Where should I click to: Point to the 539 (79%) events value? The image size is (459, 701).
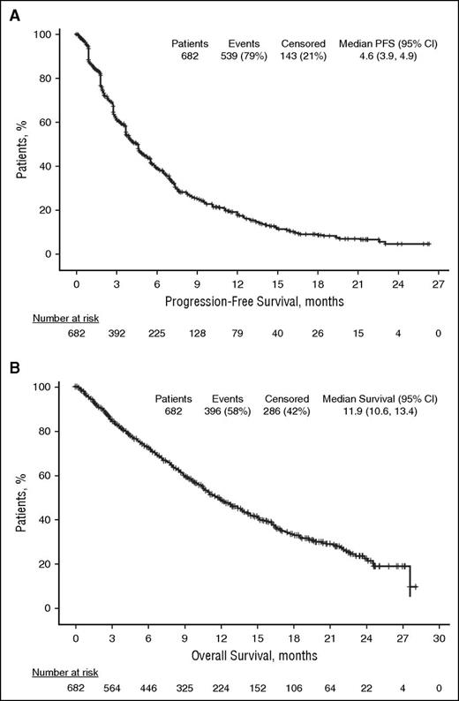click(x=247, y=55)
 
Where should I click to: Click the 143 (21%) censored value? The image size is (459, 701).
click(x=305, y=55)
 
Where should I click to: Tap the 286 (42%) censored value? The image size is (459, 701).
click(x=287, y=411)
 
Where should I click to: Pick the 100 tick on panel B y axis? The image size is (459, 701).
click(x=52, y=387)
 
